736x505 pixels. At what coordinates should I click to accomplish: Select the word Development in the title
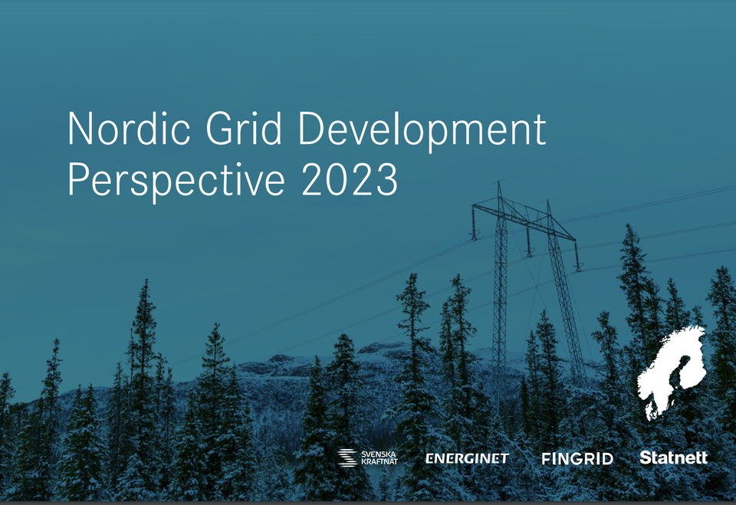[x=422, y=130]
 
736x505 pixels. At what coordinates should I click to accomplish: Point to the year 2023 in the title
[x=350, y=179]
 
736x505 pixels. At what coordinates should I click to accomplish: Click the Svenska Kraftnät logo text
[x=379, y=458]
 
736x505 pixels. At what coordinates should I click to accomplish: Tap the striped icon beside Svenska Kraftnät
[x=347, y=457]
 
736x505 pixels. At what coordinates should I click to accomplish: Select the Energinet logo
[x=467, y=458]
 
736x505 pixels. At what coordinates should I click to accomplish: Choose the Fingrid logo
[x=577, y=459]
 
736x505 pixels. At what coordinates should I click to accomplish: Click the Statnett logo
[x=673, y=457]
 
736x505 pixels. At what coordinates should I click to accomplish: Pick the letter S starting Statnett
[x=646, y=457]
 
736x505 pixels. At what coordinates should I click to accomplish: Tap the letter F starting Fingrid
[x=546, y=459]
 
